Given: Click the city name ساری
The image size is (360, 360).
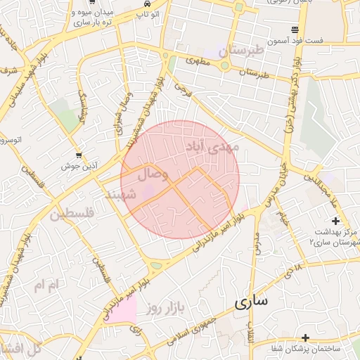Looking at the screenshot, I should [x=251, y=302].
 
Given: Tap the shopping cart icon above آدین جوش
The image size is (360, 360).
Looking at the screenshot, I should [x=79, y=156].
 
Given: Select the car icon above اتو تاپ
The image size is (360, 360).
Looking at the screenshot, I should [x=146, y=4].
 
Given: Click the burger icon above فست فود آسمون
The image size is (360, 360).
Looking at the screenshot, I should [x=294, y=30].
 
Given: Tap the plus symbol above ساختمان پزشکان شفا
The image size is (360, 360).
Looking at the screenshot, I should [x=304, y=338].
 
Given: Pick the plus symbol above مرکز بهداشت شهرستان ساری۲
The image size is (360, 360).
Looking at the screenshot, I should [x=335, y=221].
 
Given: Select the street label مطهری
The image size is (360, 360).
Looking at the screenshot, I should [x=199, y=63].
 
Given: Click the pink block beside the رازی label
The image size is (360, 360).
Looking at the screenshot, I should [x=122, y=311].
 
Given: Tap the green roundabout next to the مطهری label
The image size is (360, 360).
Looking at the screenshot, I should [x=224, y=65].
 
